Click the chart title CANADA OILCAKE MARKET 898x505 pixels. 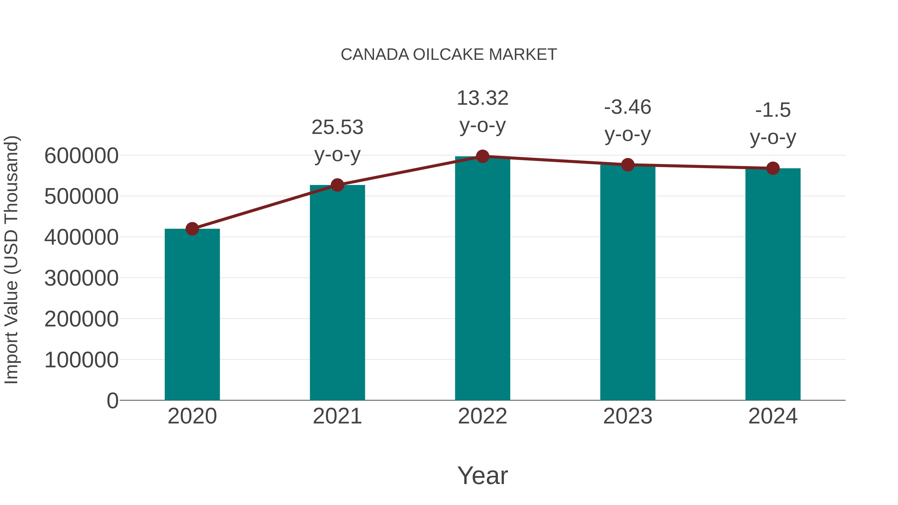pos(449,55)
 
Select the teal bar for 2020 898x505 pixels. pos(192,314)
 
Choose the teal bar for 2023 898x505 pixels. pos(628,282)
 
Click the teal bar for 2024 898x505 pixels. pos(773,284)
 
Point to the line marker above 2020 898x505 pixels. pos(192,229)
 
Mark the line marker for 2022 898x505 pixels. pos(482,156)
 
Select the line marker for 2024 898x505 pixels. pos(773,168)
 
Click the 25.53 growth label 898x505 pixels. pos(337,127)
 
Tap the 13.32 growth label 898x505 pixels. pos(482,98)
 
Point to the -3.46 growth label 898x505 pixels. pos(628,107)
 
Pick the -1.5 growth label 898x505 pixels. pos(773,110)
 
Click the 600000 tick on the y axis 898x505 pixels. pos(81,156)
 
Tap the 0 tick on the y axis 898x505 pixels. pos(112,401)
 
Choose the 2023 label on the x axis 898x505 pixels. pos(628,416)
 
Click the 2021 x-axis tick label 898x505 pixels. pos(337,416)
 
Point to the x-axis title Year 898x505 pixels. pos(482,475)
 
